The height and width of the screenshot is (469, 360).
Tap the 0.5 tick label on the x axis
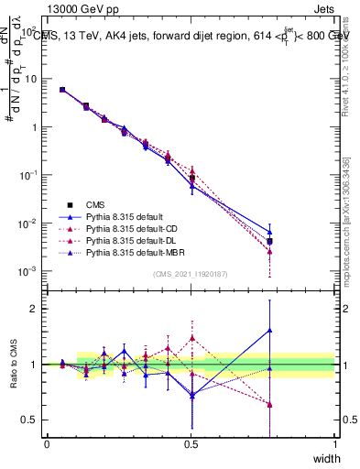click(191, 443)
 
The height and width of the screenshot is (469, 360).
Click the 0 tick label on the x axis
click(47, 443)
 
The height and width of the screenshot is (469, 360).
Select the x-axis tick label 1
click(334, 443)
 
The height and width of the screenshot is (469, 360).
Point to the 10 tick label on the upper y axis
click(32, 80)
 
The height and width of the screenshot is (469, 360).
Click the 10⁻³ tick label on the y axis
click(30, 272)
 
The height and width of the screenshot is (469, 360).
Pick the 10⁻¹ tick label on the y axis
click(30, 176)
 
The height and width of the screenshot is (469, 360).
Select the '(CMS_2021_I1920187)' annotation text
click(191, 274)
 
